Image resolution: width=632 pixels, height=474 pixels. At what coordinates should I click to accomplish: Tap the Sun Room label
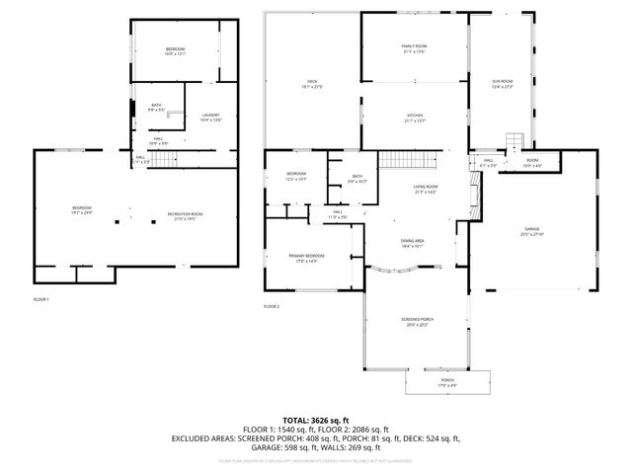coord(504,82)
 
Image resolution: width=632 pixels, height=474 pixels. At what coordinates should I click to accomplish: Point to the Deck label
coord(311,84)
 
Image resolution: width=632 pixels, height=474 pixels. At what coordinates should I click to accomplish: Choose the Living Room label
coord(425,189)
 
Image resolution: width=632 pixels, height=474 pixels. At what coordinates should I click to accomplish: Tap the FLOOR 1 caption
coord(40,298)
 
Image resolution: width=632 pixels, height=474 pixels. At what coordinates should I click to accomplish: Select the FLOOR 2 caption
coord(272,307)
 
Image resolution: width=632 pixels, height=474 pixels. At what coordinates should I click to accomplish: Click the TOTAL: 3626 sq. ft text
coord(316,420)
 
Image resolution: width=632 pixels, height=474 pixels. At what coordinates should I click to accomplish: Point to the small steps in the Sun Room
coord(516,141)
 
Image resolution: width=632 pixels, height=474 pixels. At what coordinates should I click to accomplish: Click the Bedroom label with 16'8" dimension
coord(175,51)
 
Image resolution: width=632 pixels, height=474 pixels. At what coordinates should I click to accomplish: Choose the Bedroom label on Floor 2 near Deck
coord(296,177)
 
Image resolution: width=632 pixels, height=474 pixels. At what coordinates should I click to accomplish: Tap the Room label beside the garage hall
coord(531,162)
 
